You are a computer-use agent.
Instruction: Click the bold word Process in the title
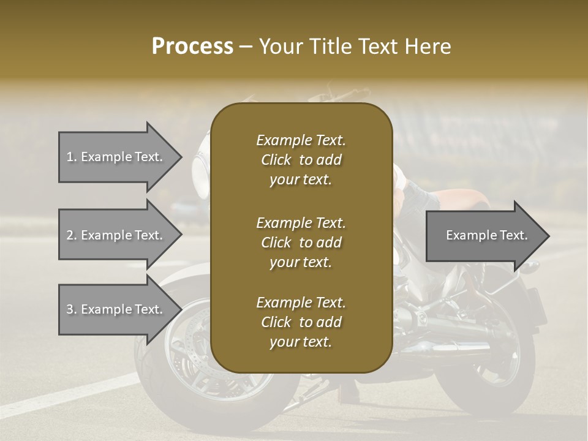[192, 47]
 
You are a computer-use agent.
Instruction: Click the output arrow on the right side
[484, 235]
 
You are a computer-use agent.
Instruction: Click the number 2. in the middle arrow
[71, 235]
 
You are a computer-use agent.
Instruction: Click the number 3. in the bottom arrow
[71, 309]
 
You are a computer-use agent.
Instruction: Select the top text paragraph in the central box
[301, 160]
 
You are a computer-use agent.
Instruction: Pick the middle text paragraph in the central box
[301, 242]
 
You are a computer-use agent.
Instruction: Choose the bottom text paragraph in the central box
[301, 322]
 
